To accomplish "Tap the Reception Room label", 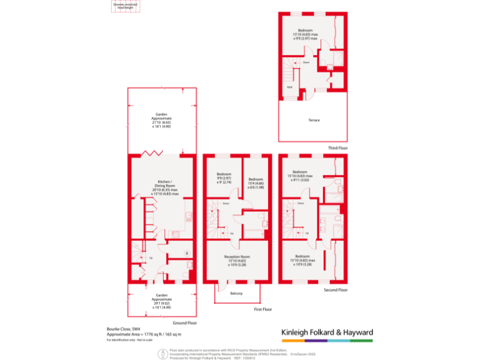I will click(x=236, y=260).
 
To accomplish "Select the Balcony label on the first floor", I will click(x=236, y=294).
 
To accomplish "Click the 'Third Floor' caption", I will click(x=337, y=148).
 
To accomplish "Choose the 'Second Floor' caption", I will click(x=336, y=290).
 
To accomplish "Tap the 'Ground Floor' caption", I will click(x=186, y=323).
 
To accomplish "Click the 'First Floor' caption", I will click(x=263, y=309).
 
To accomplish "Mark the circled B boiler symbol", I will click(x=187, y=252).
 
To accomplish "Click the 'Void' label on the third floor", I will click(x=289, y=87).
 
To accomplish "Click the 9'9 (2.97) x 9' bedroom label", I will click(x=224, y=177).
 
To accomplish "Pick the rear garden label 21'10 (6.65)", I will click(x=161, y=119).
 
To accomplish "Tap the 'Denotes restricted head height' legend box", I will click(x=126, y=6).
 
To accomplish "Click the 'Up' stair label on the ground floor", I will click(x=151, y=257).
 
